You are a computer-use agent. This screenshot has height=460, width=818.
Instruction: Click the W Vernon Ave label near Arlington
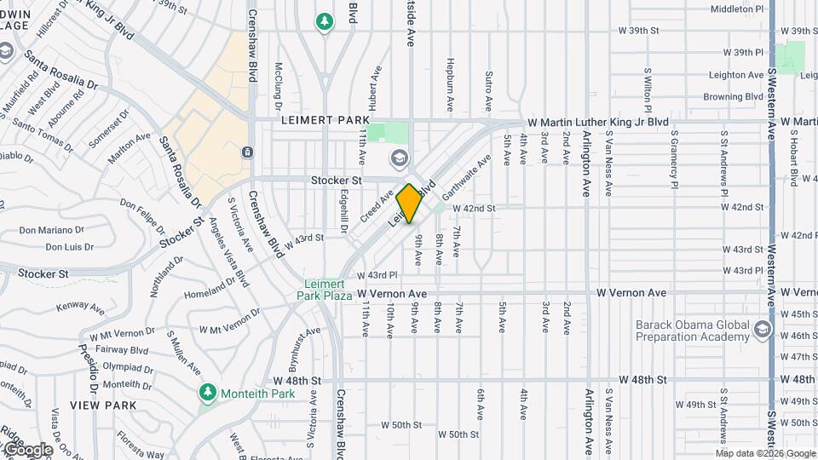point(631,293)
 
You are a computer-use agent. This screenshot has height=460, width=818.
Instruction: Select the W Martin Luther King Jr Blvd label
point(598,123)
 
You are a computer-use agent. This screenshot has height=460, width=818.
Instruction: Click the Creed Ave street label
point(376,204)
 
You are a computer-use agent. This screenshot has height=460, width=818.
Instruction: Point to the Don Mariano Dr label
point(51,230)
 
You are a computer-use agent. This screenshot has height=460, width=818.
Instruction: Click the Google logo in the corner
point(27,449)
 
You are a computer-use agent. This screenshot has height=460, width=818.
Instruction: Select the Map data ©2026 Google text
point(766,453)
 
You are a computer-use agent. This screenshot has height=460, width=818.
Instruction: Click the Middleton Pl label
point(738,9)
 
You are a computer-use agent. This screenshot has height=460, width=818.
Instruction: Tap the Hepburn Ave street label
point(450,86)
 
